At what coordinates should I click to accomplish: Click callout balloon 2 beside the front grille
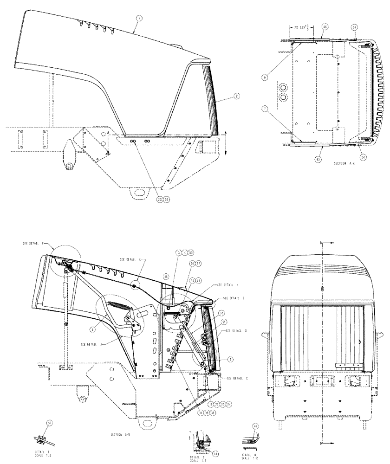point(236,96)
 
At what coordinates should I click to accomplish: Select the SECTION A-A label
point(344,164)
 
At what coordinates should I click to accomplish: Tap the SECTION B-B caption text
point(120,434)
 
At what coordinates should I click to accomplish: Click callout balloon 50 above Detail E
point(49,423)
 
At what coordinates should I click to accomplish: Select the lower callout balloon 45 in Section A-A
point(318,159)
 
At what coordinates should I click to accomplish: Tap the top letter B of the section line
point(322,242)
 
